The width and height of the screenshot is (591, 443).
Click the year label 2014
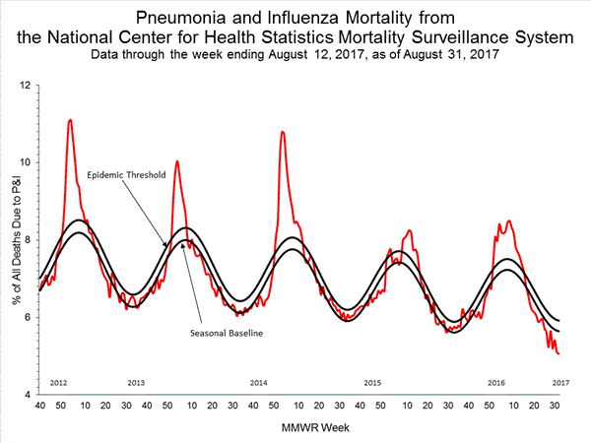point(259,381)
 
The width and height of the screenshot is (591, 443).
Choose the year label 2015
point(371,381)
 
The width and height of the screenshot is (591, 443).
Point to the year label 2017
point(560,381)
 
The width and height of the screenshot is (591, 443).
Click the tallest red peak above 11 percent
point(70,120)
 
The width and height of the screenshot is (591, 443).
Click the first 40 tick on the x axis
point(40,405)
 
